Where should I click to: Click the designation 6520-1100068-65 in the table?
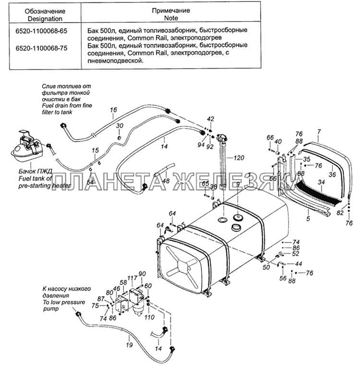pyautogui.click(x=41, y=31)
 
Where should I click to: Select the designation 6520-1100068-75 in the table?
pyautogui.click(x=41, y=48)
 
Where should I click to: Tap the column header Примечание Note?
pyautogui.click(x=171, y=14)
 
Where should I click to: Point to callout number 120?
pyautogui.click(x=239, y=158)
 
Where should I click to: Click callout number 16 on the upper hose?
pyautogui.click(x=113, y=110)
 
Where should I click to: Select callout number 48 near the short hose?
pyautogui.click(x=166, y=181)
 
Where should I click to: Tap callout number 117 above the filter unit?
pyautogui.click(x=132, y=278)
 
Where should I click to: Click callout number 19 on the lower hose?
pyautogui.click(x=129, y=344)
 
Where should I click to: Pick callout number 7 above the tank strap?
pyautogui.click(x=319, y=132)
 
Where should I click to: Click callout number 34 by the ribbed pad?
pyautogui.click(x=321, y=182)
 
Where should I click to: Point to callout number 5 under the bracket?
pyautogui.click(x=308, y=219)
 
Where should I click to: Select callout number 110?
pyautogui.click(x=149, y=317)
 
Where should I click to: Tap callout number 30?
pyautogui.click(x=120, y=126)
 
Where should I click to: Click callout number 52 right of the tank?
pyautogui.click(x=295, y=254)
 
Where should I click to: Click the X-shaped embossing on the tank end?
pyautogui.click(x=181, y=264)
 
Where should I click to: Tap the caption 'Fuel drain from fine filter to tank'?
pyautogui.click(x=67, y=109)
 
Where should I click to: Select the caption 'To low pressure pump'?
pyautogui.click(x=64, y=305)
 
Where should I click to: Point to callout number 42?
pyautogui.click(x=210, y=119)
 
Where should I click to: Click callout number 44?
pyautogui.click(x=299, y=264)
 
